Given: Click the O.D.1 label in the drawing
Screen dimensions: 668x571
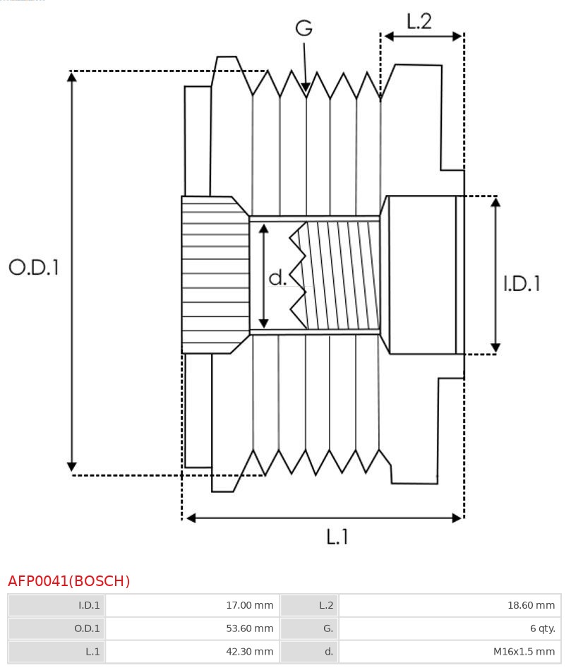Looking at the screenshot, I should pyautogui.click(x=34, y=267).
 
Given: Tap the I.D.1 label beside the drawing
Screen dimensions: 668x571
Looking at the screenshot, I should pyautogui.click(x=522, y=284).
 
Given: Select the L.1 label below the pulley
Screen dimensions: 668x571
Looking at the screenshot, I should pyautogui.click(x=337, y=537).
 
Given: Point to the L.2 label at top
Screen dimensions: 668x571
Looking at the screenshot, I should pyautogui.click(x=419, y=21).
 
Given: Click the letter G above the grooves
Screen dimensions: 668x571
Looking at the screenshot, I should pyautogui.click(x=303, y=28).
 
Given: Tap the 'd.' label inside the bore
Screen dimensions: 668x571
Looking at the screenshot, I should pyautogui.click(x=277, y=278).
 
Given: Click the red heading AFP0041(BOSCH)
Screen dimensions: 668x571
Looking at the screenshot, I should pyautogui.click(x=69, y=581).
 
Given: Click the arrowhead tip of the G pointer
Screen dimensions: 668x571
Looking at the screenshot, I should pyautogui.click(x=306, y=90).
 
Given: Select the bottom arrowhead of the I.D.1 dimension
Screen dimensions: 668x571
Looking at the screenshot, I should pyautogui.click(x=495, y=349).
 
